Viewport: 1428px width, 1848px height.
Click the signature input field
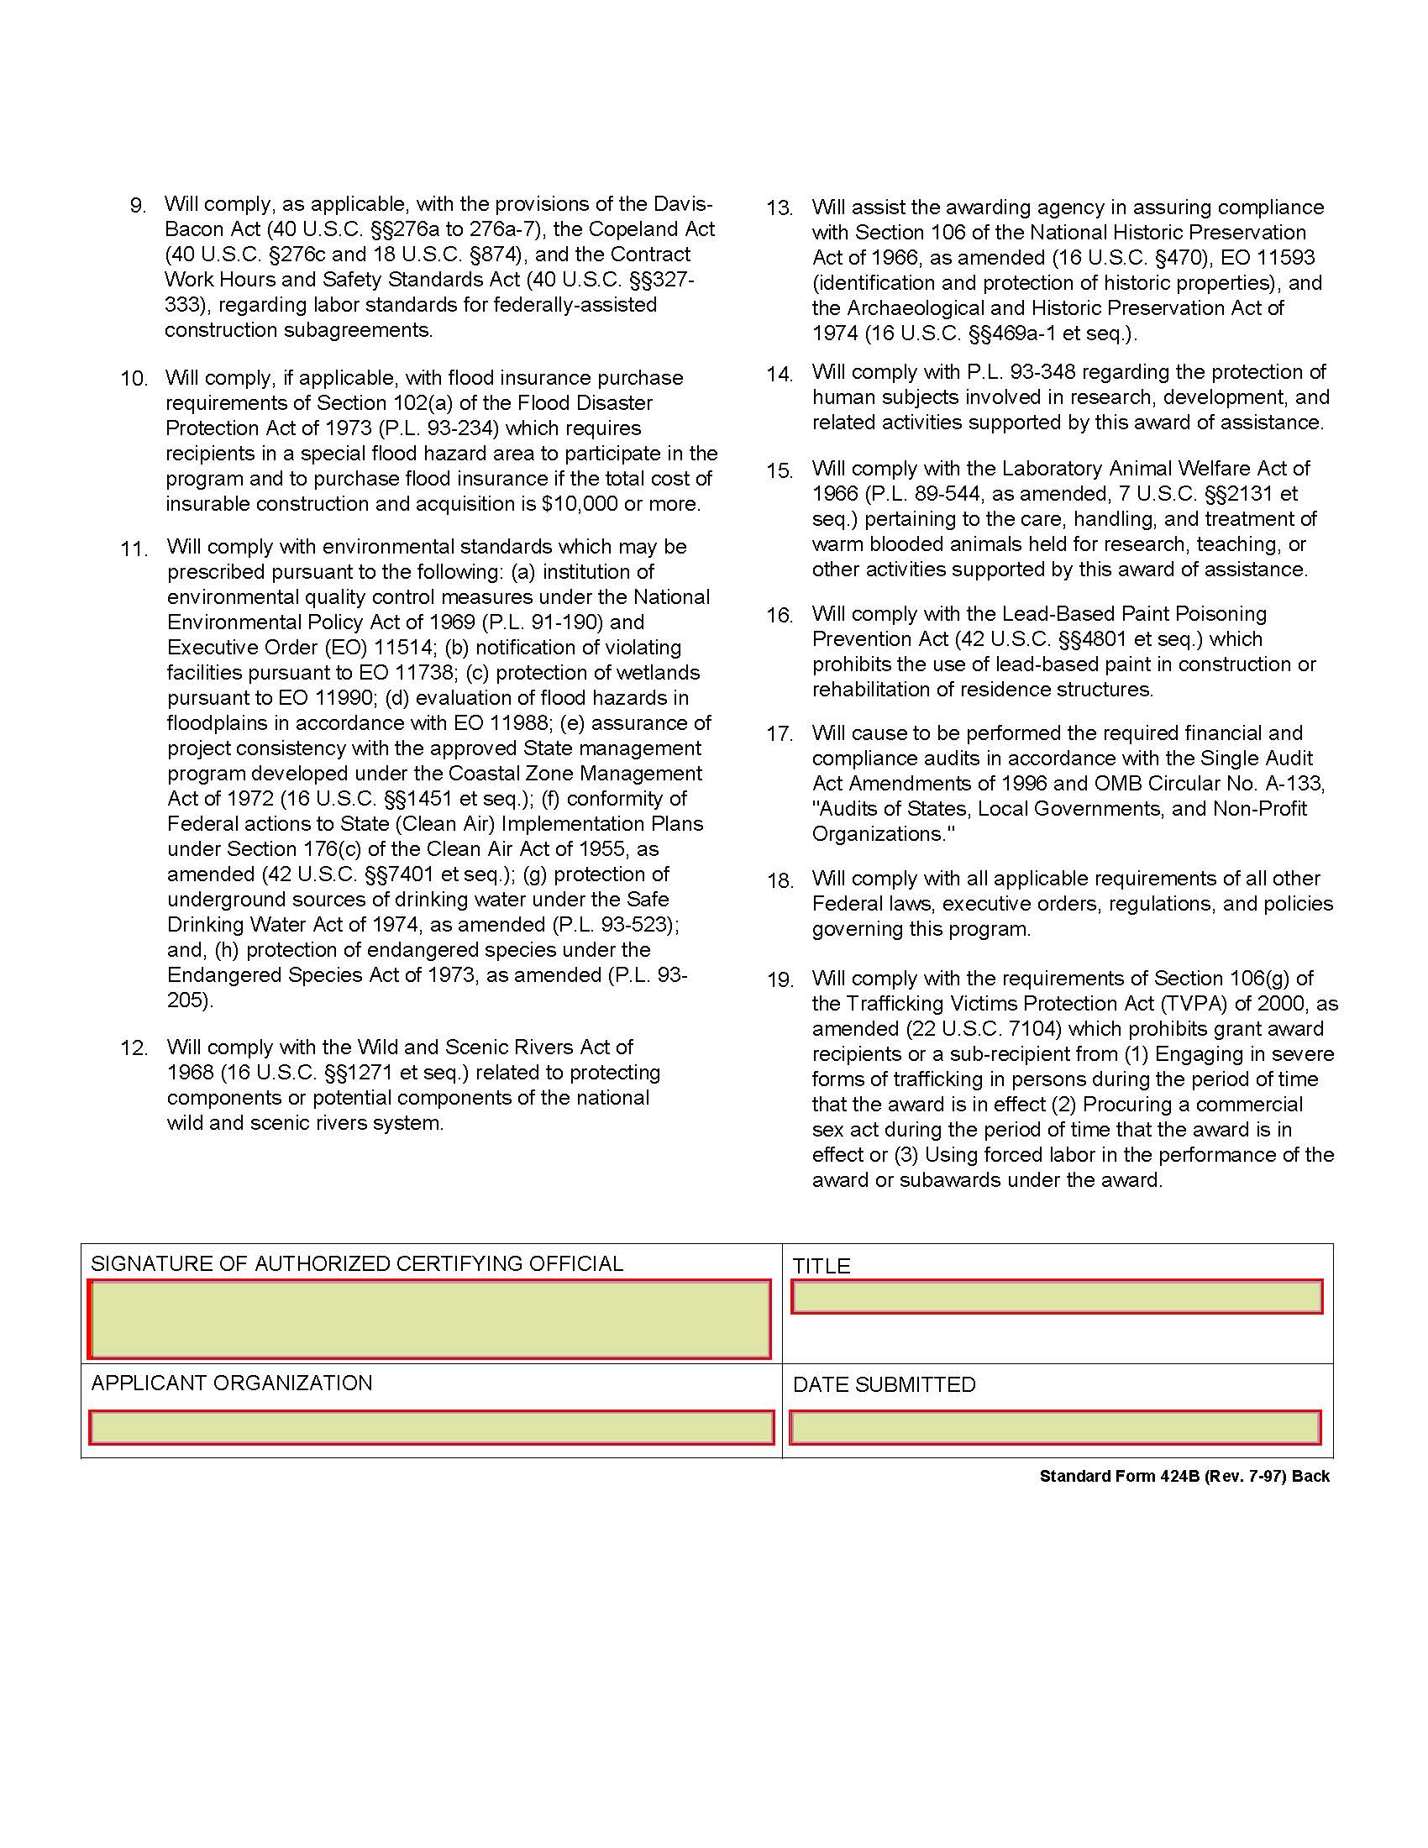(430, 1319)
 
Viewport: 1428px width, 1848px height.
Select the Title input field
(1057, 1297)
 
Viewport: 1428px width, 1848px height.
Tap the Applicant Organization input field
(431, 1427)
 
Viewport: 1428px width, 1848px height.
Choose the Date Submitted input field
(1055, 1427)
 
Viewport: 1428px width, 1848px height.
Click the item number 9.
(138, 206)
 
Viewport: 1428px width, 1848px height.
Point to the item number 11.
(134, 549)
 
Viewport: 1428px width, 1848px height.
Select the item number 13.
(780, 208)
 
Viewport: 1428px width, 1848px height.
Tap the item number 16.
(780, 615)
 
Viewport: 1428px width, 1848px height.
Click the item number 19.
(780, 979)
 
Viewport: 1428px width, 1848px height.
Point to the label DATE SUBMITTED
(884, 1385)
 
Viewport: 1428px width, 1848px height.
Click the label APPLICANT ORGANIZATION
(232, 1383)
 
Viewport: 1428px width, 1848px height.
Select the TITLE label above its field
(821, 1266)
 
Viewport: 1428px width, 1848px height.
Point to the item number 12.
(134, 1048)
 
